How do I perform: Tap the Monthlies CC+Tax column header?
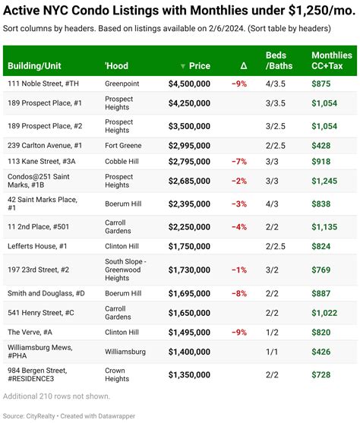[331, 61]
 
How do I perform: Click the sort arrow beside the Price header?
[182, 66]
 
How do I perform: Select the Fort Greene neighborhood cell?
[124, 144]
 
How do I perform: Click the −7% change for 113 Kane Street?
[239, 161]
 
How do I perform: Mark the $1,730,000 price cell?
[189, 270]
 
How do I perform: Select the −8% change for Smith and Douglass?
[239, 293]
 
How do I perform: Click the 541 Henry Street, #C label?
[40, 312]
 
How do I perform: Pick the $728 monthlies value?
[322, 375]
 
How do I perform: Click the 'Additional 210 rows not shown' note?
[56, 396]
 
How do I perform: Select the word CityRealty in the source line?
[41, 415]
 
